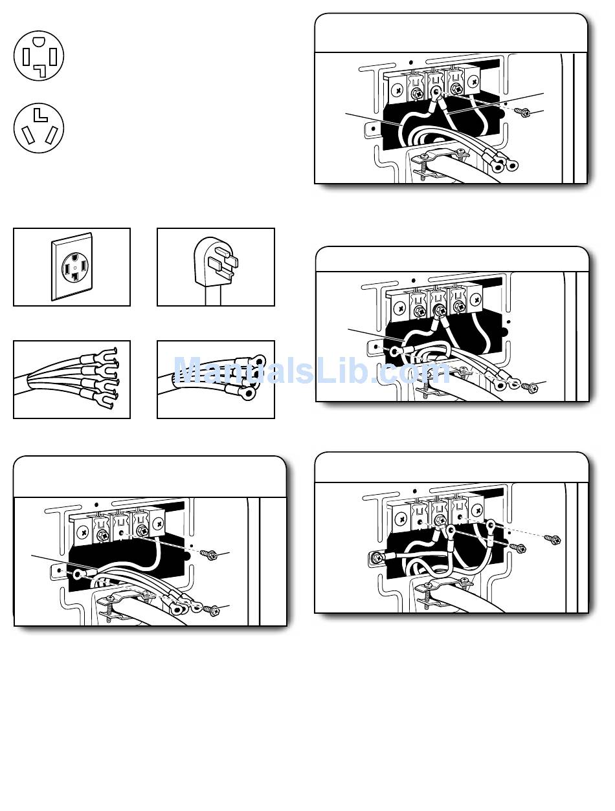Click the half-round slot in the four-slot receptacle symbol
(x=38, y=41)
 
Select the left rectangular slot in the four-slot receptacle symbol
(x=27, y=57)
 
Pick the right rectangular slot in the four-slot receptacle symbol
(x=53, y=56)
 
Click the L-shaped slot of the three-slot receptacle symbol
(x=38, y=116)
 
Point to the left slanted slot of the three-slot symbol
(x=28, y=135)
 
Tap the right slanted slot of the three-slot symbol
(x=51, y=135)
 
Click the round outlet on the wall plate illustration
(x=74, y=268)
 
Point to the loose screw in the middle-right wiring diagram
(x=530, y=387)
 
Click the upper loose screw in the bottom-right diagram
(x=552, y=539)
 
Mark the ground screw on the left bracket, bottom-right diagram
(x=377, y=557)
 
